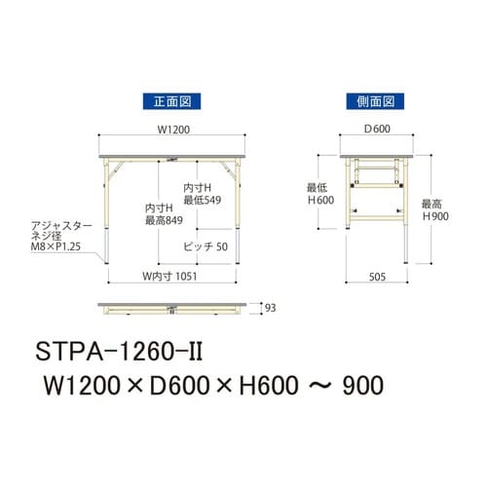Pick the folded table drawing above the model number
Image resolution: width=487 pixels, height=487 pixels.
171,307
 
